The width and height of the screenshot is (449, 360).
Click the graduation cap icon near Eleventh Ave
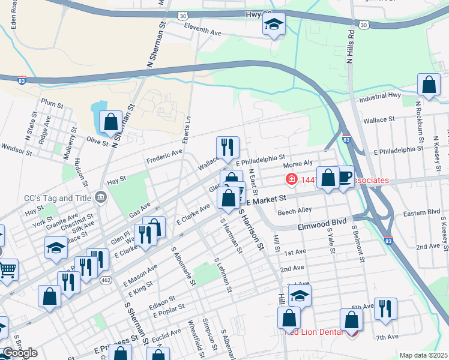(x=274, y=26)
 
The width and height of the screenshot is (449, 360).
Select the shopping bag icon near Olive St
(x=111, y=122)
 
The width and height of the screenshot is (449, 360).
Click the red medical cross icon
(x=291, y=179)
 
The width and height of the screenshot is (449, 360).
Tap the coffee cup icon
(x=345, y=178)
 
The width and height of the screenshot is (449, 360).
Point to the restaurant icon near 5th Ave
(x=385, y=309)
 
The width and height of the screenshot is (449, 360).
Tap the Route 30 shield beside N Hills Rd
(x=363, y=25)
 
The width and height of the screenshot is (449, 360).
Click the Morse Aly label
(x=298, y=164)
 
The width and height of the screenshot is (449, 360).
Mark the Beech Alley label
(x=294, y=211)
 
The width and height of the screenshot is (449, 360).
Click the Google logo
(x=20, y=353)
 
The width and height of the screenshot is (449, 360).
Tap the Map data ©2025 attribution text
(x=423, y=355)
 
